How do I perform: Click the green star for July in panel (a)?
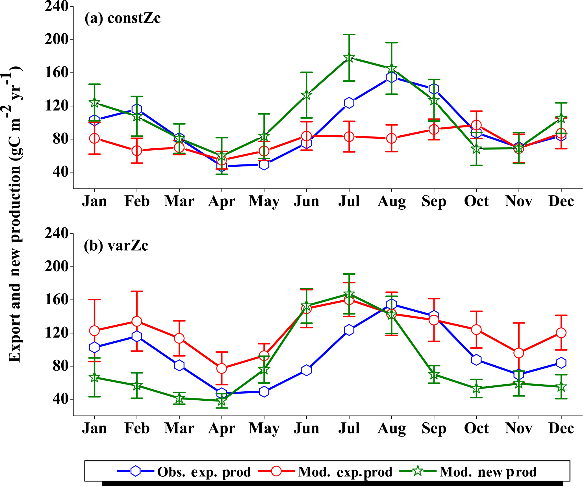coord(349,58)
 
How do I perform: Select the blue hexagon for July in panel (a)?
coord(349,103)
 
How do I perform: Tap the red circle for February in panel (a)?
coord(137,151)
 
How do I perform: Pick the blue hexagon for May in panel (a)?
coord(264,164)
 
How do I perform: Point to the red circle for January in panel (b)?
coord(94,331)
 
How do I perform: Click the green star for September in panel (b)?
coord(434,375)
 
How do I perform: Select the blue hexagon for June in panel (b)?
coord(307,370)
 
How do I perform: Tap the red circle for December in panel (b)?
coord(561,333)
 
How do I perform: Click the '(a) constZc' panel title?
coord(123,18)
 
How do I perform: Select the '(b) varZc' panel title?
coord(116,246)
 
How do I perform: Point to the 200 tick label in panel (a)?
coord(57,40)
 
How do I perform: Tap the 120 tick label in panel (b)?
coord(57,333)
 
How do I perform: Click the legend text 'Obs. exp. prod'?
coord(204,472)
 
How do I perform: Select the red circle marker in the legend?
coord(276,471)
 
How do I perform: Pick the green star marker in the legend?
coord(418,471)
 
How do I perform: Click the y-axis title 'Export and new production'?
coord(15,215)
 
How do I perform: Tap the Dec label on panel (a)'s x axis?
coord(561,201)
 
